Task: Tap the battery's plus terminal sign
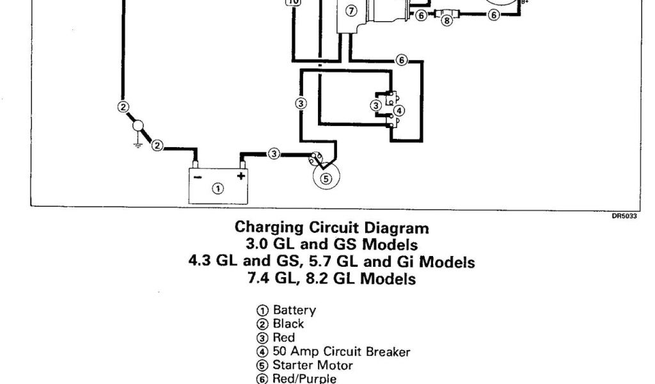[241, 175]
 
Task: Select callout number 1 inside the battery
[218, 188]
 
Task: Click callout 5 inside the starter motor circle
[325, 179]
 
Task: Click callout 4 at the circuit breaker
[399, 110]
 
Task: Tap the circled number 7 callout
[349, 10]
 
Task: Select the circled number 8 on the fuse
[446, 20]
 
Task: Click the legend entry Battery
[294, 310]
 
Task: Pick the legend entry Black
[288, 324]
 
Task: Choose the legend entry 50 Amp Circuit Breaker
[342, 351]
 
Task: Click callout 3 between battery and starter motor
[274, 154]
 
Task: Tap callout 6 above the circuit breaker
[401, 60]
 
